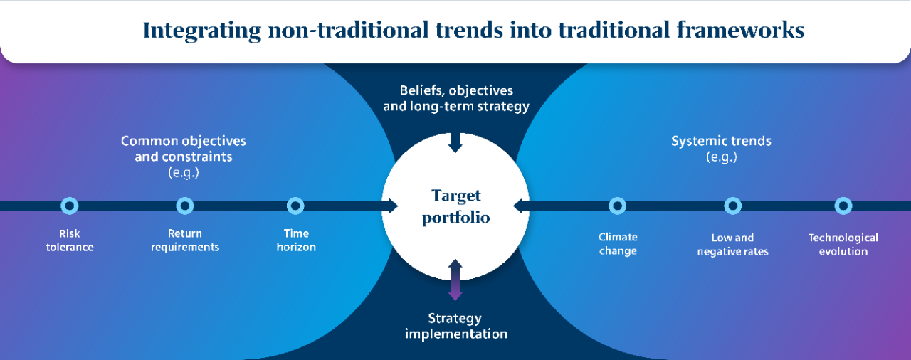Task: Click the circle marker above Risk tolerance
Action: [70, 198]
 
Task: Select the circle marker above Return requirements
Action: [185, 198]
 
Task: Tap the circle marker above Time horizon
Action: [295, 198]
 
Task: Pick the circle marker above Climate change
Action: [617, 198]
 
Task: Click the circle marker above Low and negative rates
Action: [733, 198]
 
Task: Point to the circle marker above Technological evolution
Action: [843, 198]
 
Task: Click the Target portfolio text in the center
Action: [456, 206]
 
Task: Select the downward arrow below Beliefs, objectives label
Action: [455, 142]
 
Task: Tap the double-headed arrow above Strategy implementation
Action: [455, 280]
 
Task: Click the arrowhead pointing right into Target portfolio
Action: [393, 206]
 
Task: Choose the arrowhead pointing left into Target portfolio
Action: [519, 206]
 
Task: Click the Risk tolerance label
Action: [70, 240]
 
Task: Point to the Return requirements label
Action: [185, 240]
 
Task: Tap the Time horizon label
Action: [296, 240]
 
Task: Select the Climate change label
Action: [618, 244]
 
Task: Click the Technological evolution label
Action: [843, 244]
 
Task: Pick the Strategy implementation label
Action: [455, 326]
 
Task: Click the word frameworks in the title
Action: [741, 30]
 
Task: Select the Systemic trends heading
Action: [721, 141]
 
